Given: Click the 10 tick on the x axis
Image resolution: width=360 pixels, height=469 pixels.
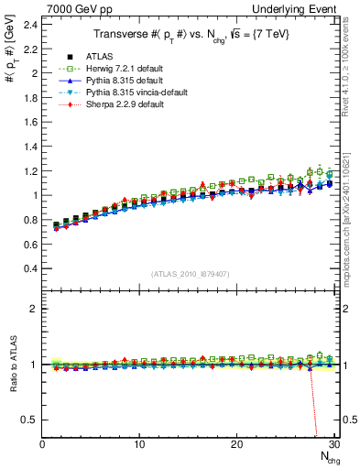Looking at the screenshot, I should [139, 444].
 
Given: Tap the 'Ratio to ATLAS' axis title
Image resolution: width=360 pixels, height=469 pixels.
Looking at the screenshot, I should [10, 366].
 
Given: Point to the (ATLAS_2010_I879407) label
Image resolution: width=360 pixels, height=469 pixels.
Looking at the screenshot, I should [190, 273].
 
